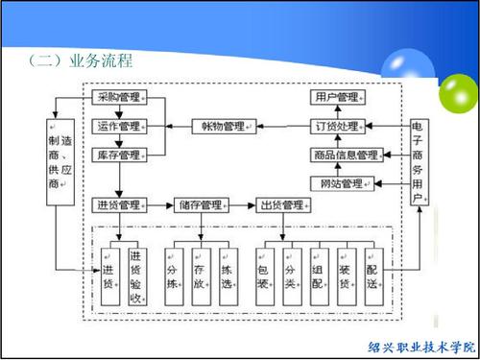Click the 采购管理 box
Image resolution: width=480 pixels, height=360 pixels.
[118, 97]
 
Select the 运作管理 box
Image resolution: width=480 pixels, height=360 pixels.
[118, 126]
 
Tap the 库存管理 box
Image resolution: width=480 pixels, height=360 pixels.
[118, 155]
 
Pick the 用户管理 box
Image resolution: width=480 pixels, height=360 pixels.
[336, 97]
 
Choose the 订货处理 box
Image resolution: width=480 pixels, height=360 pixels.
[336, 126]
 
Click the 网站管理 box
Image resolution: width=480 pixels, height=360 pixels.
[336, 183]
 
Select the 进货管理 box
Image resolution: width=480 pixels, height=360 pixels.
[118, 205]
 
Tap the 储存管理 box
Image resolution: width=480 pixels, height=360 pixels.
[201, 205]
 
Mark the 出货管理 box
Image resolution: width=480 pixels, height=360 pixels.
[283, 205]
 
